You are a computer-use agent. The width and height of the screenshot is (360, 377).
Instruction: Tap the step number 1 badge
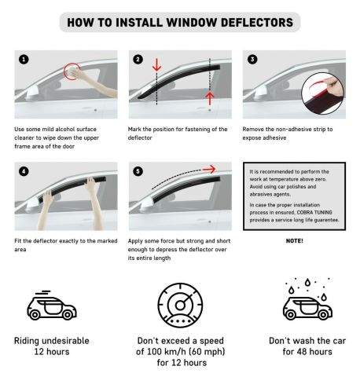point(24,60)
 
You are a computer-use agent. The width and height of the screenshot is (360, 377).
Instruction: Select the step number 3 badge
point(252,60)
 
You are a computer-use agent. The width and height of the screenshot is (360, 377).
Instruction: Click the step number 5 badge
point(138,171)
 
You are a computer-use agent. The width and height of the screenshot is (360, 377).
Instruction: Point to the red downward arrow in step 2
point(156,65)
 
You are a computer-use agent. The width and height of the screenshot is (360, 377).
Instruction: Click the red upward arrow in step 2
point(210,99)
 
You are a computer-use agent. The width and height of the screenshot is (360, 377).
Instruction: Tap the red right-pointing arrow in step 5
point(209,169)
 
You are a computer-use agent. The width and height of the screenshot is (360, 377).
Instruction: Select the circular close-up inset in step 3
point(323,93)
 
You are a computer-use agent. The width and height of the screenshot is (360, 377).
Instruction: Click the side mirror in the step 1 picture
point(32,94)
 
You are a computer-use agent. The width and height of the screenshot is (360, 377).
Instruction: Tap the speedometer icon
point(180,306)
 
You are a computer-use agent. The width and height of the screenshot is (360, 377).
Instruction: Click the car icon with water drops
point(307,299)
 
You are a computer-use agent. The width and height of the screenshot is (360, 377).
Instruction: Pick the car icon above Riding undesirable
point(52,306)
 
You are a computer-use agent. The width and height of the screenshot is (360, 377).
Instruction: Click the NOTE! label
point(295,241)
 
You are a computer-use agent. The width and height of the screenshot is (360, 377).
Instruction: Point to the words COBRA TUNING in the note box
point(314,212)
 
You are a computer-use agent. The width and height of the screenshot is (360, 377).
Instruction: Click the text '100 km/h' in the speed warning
point(166,352)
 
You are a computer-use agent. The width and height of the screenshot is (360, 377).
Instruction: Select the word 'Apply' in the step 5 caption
point(135,241)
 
